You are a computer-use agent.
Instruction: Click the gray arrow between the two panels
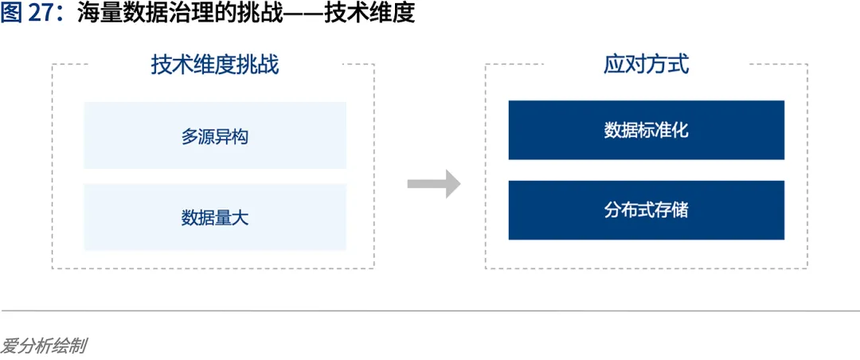(x=434, y=184)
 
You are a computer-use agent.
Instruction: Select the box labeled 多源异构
(x=215, y=135)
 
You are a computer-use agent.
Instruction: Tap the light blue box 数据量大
(x=215, y=217)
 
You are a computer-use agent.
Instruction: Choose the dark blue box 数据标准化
(x=646, y=130)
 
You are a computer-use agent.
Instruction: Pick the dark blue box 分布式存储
(x=646, y=210)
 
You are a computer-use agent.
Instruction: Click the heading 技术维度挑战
(x=215, y=65)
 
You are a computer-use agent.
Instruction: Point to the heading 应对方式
(x=646, y=65)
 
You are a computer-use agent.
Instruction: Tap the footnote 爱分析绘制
(x=44, y=346)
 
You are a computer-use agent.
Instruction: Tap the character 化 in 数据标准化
(x=680, y=130)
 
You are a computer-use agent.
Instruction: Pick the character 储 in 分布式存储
(x=680, y=210)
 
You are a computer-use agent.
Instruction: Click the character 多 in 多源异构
(x=190, y=136)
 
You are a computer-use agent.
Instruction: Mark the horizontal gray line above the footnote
(x=430, y=311)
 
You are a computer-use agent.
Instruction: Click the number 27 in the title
(x=41, y=14)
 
